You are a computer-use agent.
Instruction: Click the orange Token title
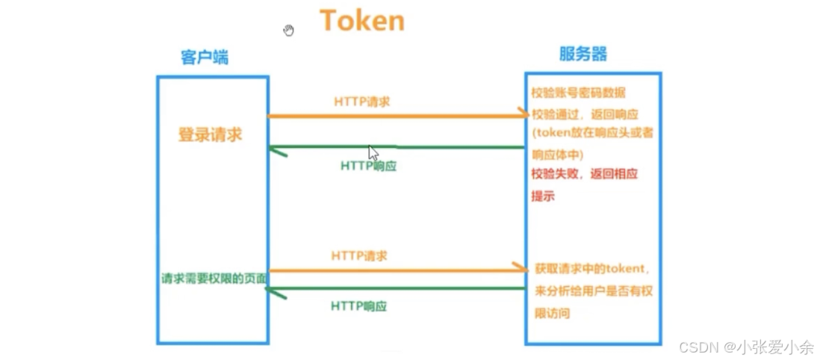(362, 21)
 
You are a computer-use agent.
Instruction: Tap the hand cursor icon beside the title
(289, 30)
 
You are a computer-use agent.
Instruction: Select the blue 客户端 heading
(204, 58)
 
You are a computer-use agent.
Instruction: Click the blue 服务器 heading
(583, 54)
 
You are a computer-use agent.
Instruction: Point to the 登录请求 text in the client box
(210, 135)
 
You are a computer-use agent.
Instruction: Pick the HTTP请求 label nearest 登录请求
(361, 101)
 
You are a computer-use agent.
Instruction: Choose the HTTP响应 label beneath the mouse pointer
(368, 166)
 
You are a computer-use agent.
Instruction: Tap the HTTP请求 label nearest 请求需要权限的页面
(359, 256)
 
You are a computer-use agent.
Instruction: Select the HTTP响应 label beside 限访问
(358, 306)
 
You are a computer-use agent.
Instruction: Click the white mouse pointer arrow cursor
(373, 152)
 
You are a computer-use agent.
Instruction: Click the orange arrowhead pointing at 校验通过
(521, 116)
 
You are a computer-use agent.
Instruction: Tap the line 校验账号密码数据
(578, 93)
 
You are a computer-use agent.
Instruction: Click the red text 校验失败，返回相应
(584, 174)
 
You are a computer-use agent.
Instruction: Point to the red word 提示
(543, 196)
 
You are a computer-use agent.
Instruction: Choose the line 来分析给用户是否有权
(593, 291)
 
